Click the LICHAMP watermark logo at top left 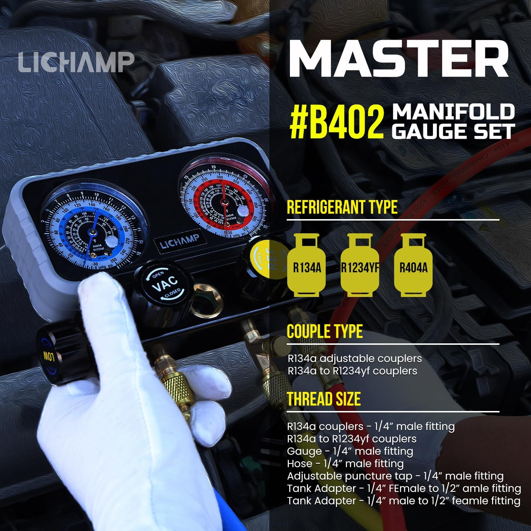(x=76, y=62)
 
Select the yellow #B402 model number (x=336, y=123)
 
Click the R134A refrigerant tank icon (x=307, y=265)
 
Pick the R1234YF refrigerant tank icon (x=360, y=265)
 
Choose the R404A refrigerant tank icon (x=413, y=265)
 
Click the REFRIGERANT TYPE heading (x=342, y=207)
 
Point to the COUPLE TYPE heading (x=325, y=332)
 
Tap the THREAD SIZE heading (x=324, y=399)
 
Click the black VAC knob (x=165, y=283)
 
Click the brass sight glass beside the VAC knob (x=206, y=299)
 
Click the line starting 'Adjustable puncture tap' (x=395, y=476)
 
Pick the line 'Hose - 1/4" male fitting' (x=345, y=464)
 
